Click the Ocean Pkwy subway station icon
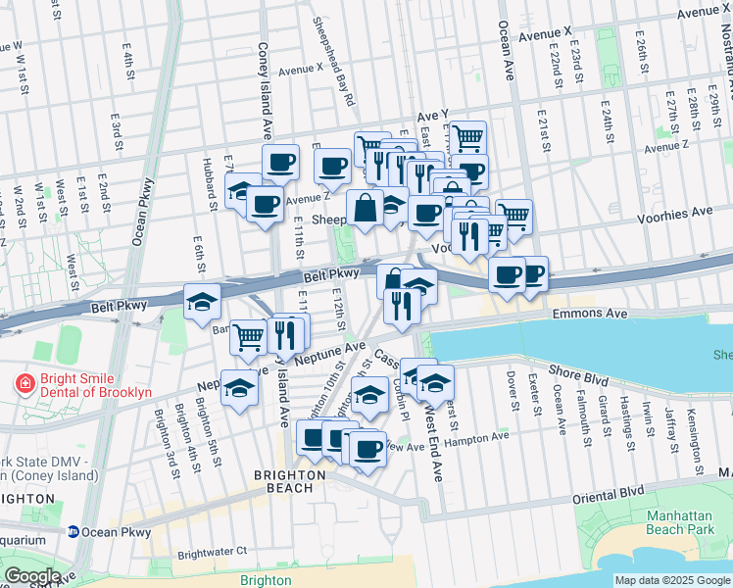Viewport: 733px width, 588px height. (73, 532)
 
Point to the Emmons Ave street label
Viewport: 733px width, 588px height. (588, 314)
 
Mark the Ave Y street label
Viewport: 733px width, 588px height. (432, 115)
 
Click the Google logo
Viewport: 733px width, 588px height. (31, 576)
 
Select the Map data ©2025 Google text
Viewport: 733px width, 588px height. (673, 580)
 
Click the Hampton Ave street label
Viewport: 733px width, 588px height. (476, 438)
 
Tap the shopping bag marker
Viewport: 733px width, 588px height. (365, 209)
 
